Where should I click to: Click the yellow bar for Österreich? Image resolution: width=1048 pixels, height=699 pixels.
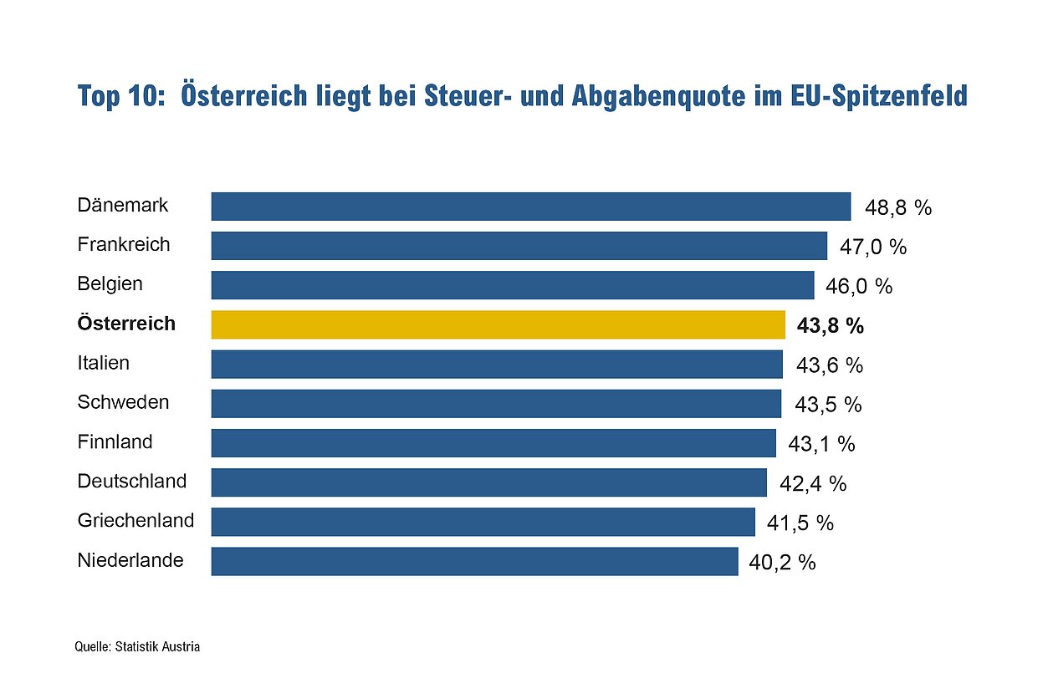498,324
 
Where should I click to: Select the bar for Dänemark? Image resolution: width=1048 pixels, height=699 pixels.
530,207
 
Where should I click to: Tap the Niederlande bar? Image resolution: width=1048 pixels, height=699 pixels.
474,561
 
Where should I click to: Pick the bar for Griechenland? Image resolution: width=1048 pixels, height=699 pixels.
483,522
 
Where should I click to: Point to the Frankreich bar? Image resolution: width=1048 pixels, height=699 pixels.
519,246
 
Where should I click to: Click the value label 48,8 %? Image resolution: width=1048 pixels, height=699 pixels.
897,208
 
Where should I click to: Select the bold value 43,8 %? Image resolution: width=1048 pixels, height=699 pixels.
830,326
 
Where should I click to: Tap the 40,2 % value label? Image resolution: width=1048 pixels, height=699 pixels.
782,563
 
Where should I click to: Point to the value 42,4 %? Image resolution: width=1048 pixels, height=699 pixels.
812,483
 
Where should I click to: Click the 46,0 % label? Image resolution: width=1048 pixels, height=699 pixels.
859,287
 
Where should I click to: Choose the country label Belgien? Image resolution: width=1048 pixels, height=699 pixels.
110,283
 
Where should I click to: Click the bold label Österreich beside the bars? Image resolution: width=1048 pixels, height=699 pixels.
126,324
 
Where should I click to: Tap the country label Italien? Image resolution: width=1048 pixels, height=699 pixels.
104,363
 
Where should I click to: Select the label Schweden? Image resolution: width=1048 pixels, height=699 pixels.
123,402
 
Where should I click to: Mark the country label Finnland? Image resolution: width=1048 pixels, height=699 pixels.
115,441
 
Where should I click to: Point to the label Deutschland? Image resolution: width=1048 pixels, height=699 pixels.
132,482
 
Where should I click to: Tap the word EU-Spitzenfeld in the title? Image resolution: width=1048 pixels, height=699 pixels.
878,95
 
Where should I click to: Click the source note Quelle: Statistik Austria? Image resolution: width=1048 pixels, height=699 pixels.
137,646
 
